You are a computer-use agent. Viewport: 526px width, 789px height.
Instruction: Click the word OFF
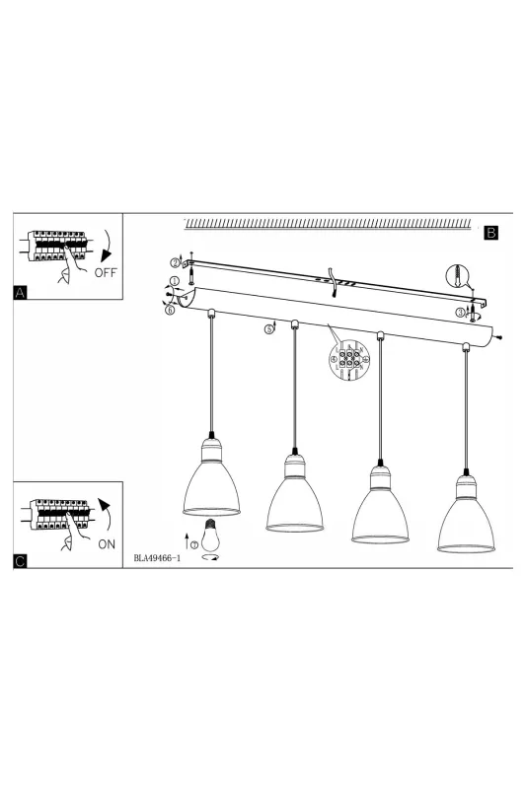[x=106, y=273]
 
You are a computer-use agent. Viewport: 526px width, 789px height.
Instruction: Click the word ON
[x=107, y=544]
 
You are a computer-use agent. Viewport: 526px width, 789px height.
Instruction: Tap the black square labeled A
[x=20, y=292]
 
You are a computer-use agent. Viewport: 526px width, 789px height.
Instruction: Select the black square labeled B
[x=490, y=233]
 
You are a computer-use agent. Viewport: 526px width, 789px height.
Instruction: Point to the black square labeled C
[x=20, y=561]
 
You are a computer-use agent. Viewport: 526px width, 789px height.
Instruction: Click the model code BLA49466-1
[x=157, y=558]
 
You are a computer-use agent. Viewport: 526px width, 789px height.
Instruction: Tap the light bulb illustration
[x=211, y=535]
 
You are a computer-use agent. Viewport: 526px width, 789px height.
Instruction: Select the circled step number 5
[x=269, y=329]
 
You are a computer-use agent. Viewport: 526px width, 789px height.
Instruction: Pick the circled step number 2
[x=175, y=262]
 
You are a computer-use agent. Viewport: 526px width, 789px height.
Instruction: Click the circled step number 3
[x=460, y=313]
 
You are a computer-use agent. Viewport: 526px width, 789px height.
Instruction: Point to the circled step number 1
[x=175, y=281]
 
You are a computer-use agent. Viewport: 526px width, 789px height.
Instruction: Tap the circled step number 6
[x=170, y=310]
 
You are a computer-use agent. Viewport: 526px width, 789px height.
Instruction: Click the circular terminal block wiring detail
[x=349, y=359]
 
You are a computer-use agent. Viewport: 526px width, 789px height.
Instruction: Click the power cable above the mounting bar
[x=332, y=281]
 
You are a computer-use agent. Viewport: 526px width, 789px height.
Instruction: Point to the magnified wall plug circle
[x=457, y=276]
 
